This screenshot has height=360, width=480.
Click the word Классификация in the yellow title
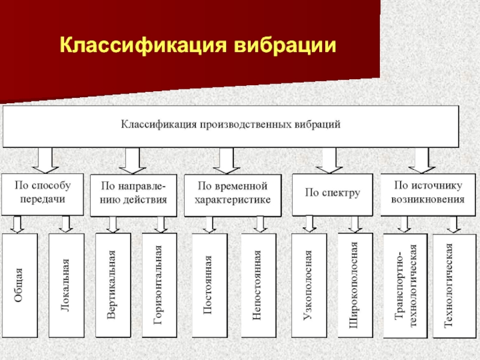(x=143, y=46)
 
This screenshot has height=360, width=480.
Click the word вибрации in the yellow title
(x=285, y=46)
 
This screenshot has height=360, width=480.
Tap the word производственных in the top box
(x=245, y=125)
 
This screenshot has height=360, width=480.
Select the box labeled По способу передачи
(x=43, y=194)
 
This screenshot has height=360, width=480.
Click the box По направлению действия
(x=133, y=196)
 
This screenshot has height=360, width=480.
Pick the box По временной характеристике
(x=233, y=196)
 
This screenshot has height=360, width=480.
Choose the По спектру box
(x=332, y=194)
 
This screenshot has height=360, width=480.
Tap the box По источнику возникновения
(x=428, y=194)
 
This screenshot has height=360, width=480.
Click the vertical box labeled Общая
(x=20, y=286)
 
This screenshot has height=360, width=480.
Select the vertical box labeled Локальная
(x=67, y=286)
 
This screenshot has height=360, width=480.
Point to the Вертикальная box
(x=113, y=286)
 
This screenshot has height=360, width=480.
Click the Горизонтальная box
(x=160, y=286)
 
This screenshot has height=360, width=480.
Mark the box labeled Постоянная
(x=209, y=286)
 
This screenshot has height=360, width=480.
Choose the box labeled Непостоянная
(x=259, y=286)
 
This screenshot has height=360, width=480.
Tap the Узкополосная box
(x=309, y=286)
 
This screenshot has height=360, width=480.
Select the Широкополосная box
(x=355, y=286)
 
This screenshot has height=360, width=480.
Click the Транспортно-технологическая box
(x=406, y=286)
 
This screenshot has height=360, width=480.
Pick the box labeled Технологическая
(x=455, y=286)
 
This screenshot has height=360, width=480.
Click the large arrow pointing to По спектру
(x=329, y=160)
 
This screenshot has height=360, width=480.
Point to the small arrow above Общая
(x=17, y=224)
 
